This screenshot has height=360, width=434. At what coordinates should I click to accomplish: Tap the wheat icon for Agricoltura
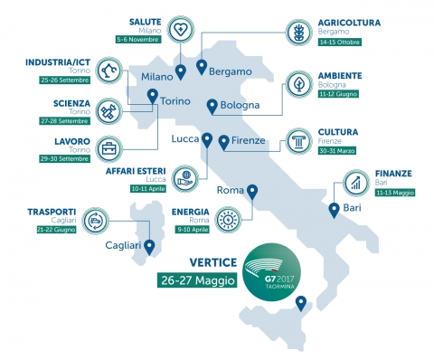[x=298, y=31]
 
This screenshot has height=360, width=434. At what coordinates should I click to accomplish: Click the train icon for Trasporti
[x=95, y=220]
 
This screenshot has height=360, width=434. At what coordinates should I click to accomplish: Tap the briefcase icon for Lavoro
[x=108, y=148]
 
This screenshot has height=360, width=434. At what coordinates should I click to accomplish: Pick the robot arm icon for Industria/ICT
[x=108, y=71]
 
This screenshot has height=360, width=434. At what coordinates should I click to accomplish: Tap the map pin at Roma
[x=252, y=192]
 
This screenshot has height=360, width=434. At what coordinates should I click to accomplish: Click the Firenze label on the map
[x=249, y=140]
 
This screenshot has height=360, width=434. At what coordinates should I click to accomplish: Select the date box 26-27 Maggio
[x=198, y=280]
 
